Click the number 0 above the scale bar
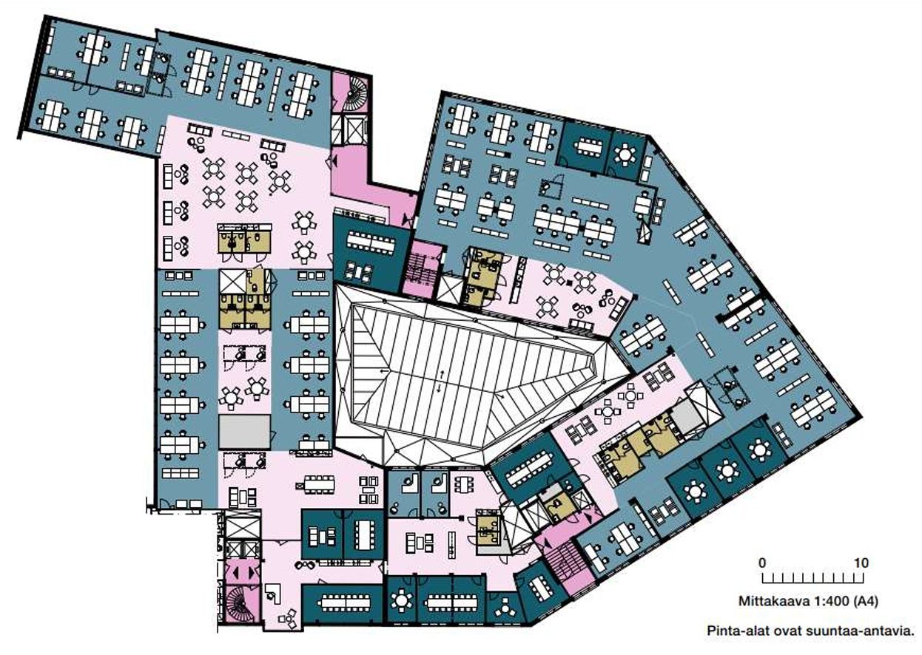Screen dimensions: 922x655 tap(762, 563)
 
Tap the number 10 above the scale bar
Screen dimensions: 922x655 tap(861, 563)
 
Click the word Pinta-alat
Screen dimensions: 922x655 tap(735, 631)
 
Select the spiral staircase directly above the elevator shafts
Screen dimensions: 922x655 tap(353, 96)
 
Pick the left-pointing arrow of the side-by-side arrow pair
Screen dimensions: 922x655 tap(236, 571)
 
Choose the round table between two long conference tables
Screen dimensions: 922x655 tap(400, 600)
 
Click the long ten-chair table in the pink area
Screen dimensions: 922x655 tap(318, 484)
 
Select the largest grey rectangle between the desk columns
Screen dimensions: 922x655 tap(244, 431)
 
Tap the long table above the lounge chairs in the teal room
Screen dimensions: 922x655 tap(371, 243)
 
